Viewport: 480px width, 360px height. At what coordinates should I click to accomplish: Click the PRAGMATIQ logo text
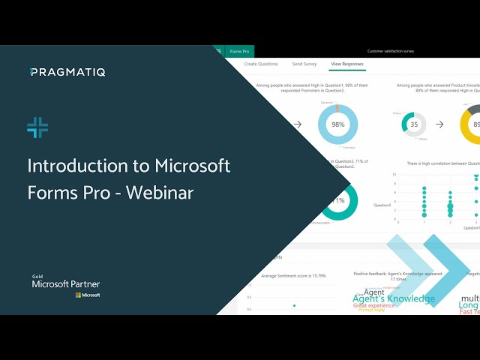coord(68,72)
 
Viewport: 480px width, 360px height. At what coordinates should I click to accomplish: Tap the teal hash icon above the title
coord(37,127)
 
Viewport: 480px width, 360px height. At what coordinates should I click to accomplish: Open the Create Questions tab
coord(261,64)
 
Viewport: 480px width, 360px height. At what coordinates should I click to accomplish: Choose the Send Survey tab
coord(304,64)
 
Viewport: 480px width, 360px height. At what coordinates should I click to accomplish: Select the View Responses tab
coord(346,64)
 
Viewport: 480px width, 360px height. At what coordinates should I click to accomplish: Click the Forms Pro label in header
coord(239,51)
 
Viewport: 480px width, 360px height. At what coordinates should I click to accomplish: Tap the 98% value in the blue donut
coord(339,124)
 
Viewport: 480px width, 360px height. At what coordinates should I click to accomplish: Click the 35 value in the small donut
coord(414,124)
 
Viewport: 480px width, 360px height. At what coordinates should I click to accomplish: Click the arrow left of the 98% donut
coord(298,124)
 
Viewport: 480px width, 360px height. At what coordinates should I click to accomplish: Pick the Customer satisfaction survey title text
coord(390,51)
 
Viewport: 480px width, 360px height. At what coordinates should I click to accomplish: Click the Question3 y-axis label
coord(383,202)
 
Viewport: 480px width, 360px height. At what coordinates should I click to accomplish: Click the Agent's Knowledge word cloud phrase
coord(394,298)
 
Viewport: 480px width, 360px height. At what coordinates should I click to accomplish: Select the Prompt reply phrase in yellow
coord(371,310)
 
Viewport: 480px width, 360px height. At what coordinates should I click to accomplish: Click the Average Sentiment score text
coord(289,275)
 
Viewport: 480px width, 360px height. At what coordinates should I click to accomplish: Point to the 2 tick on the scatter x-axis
coord(449,223)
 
